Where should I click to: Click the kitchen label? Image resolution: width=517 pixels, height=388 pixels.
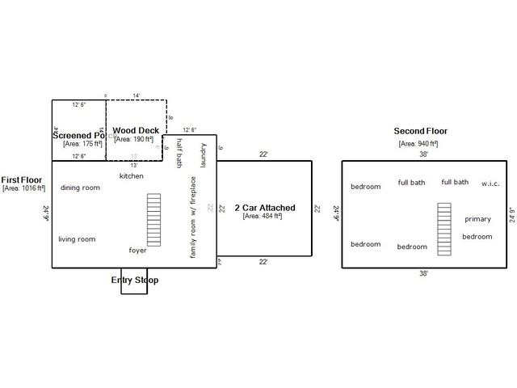pos(131,175)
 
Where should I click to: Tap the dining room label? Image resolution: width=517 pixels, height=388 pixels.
pos(80,188)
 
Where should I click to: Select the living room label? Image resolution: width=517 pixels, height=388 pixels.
pos(77,239)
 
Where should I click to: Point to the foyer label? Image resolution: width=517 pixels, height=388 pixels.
pos(137,250)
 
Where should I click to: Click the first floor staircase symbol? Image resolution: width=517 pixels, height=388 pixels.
pos(153,219)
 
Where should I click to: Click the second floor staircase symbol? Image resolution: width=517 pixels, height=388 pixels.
pos(443,230)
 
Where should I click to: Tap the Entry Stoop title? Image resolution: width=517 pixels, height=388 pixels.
pos(134,280)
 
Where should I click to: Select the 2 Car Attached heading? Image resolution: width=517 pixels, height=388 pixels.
pos(264,208)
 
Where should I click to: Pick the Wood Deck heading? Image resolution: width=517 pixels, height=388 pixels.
pos(135,130)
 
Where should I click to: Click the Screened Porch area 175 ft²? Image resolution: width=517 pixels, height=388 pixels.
pos(82,144)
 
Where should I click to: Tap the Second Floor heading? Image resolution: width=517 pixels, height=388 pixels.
pos(420,131)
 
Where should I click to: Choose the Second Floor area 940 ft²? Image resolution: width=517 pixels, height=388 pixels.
pos(418,143)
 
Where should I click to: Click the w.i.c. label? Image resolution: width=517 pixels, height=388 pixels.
pos(490,183)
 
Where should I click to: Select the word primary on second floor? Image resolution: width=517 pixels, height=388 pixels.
pos(477,219)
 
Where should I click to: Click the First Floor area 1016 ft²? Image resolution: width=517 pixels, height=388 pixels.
pos(23,188)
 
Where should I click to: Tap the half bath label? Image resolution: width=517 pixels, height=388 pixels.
pos(179,154)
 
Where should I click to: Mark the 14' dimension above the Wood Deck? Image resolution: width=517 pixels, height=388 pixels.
pos(137,95)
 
